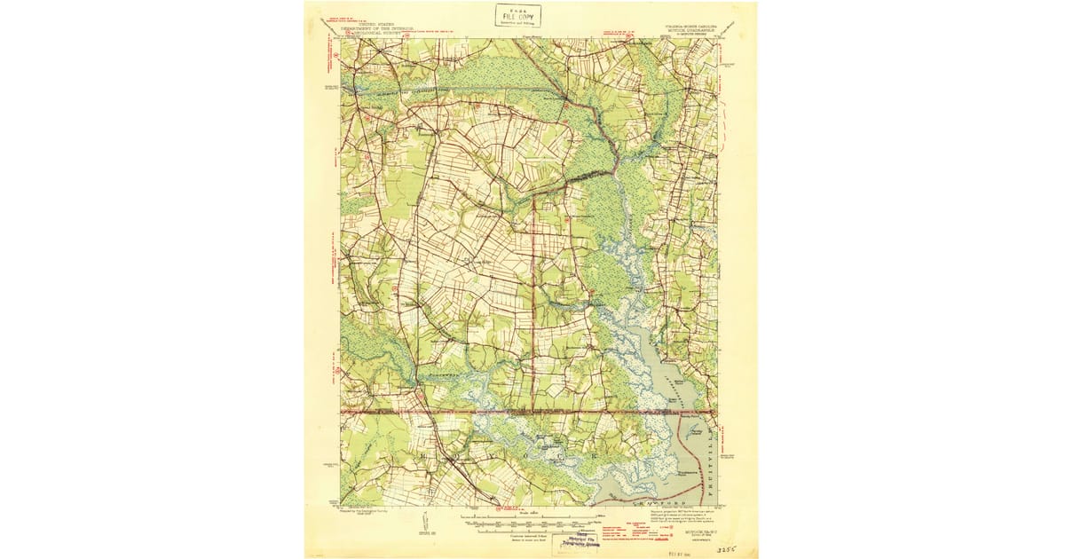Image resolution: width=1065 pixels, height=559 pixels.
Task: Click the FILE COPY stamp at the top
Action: tap(519, 15)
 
